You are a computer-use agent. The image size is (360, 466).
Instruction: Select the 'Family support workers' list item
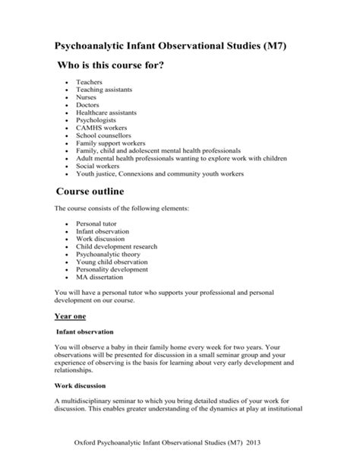tap(110, 143)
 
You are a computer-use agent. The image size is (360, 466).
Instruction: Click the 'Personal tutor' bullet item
tap(96, 225)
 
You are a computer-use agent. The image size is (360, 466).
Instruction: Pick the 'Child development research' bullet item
tap(116, 247)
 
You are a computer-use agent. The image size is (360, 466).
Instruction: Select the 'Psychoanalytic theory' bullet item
tap(109, 255)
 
